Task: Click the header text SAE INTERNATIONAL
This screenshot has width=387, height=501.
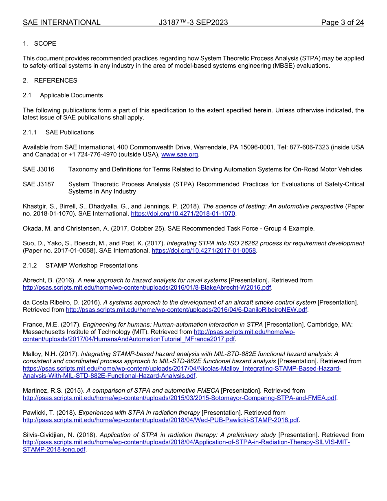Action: click(62, 22)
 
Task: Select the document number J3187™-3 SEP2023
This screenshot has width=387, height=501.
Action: click(193, 22)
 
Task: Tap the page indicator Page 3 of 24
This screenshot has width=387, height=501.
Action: click(342, 22)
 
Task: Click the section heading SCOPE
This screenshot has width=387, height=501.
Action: click(45, 44)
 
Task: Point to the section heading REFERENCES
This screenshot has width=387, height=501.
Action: click(55, 81)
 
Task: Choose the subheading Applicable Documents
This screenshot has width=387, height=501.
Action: click(71, 95)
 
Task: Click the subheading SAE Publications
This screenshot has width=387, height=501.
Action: click(70, 132)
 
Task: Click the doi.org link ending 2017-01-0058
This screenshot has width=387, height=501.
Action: click(204, 250)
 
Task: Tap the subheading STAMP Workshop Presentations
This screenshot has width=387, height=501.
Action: click(91, 266)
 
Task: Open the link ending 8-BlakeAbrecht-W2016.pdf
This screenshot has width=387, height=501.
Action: click(147, 288)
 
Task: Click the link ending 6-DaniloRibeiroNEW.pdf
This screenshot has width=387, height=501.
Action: click(186, 310)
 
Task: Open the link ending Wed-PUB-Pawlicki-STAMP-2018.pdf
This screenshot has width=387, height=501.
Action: click(161, 420)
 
